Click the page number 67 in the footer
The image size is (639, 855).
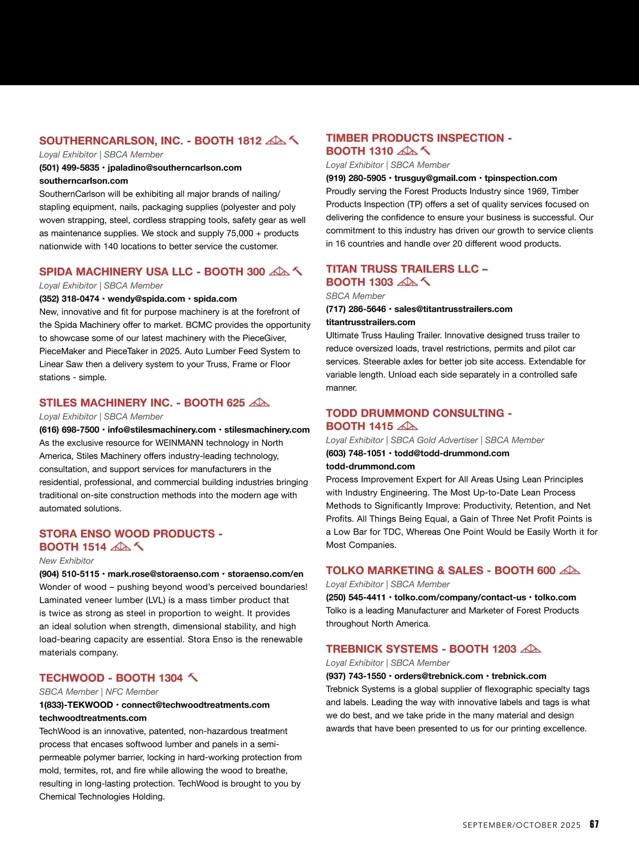(594, 824)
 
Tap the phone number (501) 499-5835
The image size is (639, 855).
(69, 168)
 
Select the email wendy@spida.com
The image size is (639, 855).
(146, 299)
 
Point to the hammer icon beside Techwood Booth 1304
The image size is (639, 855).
(193, 677)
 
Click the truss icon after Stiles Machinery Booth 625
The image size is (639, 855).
(259, 402)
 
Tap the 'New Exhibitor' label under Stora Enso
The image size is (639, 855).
(67, 561)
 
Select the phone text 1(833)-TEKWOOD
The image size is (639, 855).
(76, 705)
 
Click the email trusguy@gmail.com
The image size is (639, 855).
(435, 178)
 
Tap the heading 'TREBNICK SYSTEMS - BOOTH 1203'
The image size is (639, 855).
(421, 649)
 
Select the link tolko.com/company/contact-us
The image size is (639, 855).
(460, 597)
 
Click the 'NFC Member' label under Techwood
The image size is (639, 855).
(132, 692)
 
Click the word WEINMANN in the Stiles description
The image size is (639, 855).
(183, 443)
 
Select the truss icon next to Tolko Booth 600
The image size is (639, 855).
(570, 570)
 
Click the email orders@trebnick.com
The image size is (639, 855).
(439, 676)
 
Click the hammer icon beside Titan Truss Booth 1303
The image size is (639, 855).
(425, 282)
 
